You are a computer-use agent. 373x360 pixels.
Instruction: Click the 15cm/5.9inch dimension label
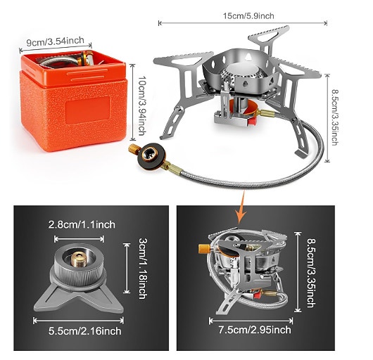click(248, 16)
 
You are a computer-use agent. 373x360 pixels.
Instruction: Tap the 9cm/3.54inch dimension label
click(55, 41)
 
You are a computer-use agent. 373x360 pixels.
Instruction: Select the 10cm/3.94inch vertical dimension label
click(141, 105)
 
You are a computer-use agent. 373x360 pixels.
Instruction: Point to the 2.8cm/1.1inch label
click(82, 224)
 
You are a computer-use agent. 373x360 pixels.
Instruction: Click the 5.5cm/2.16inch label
click(84, 331)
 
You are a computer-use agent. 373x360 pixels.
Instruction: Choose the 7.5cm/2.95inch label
click(255, 330)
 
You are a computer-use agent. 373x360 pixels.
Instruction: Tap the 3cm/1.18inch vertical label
click(143, 269)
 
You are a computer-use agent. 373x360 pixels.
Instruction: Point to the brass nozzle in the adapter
click(79, 259)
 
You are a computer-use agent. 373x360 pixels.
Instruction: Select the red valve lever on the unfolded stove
click(252, 121)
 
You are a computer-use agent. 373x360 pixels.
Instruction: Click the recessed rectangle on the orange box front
click(88, 110)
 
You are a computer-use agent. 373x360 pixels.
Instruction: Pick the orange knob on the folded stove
click(204, 249)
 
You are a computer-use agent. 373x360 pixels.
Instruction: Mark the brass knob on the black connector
click(132, 148)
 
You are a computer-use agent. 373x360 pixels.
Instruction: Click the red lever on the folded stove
click(257, 296)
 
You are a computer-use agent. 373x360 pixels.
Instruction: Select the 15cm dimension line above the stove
click(243, 23)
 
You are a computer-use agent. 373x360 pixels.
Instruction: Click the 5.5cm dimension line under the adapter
click(78, 321)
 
